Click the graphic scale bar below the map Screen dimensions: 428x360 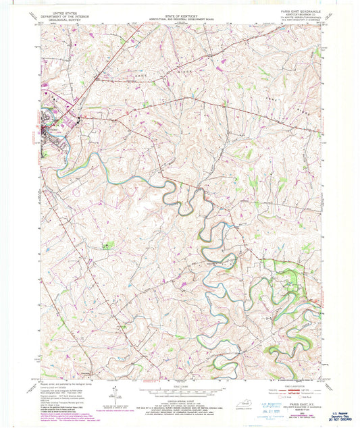[x=180, y=391]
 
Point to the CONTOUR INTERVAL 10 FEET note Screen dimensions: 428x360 [x=180, y=400]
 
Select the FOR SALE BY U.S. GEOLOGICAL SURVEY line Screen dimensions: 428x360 [x=180, y=407]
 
